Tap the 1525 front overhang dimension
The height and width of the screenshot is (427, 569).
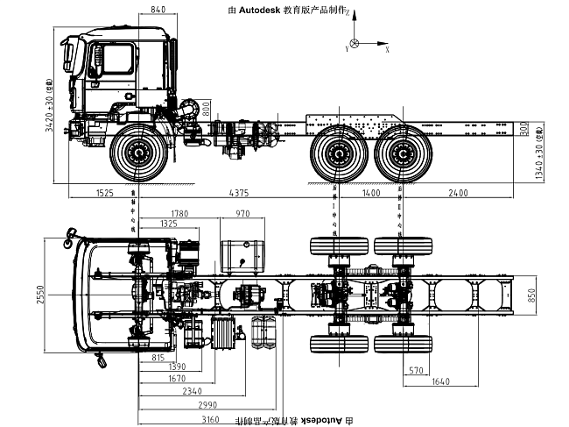pyautogui.click(x=104, y=191)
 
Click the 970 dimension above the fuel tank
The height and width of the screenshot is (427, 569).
pyautogui.click(x=242, y=214)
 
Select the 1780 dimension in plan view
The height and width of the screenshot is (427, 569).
pyautogui.click(x=180, y=214)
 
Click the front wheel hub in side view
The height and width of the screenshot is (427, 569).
pyautogui.click(x=137, y=155)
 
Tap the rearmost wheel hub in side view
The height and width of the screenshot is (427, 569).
pyautogui.click(x=404, y=156)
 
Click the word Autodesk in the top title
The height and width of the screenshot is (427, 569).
pyautogui.click(x=262, y=10)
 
